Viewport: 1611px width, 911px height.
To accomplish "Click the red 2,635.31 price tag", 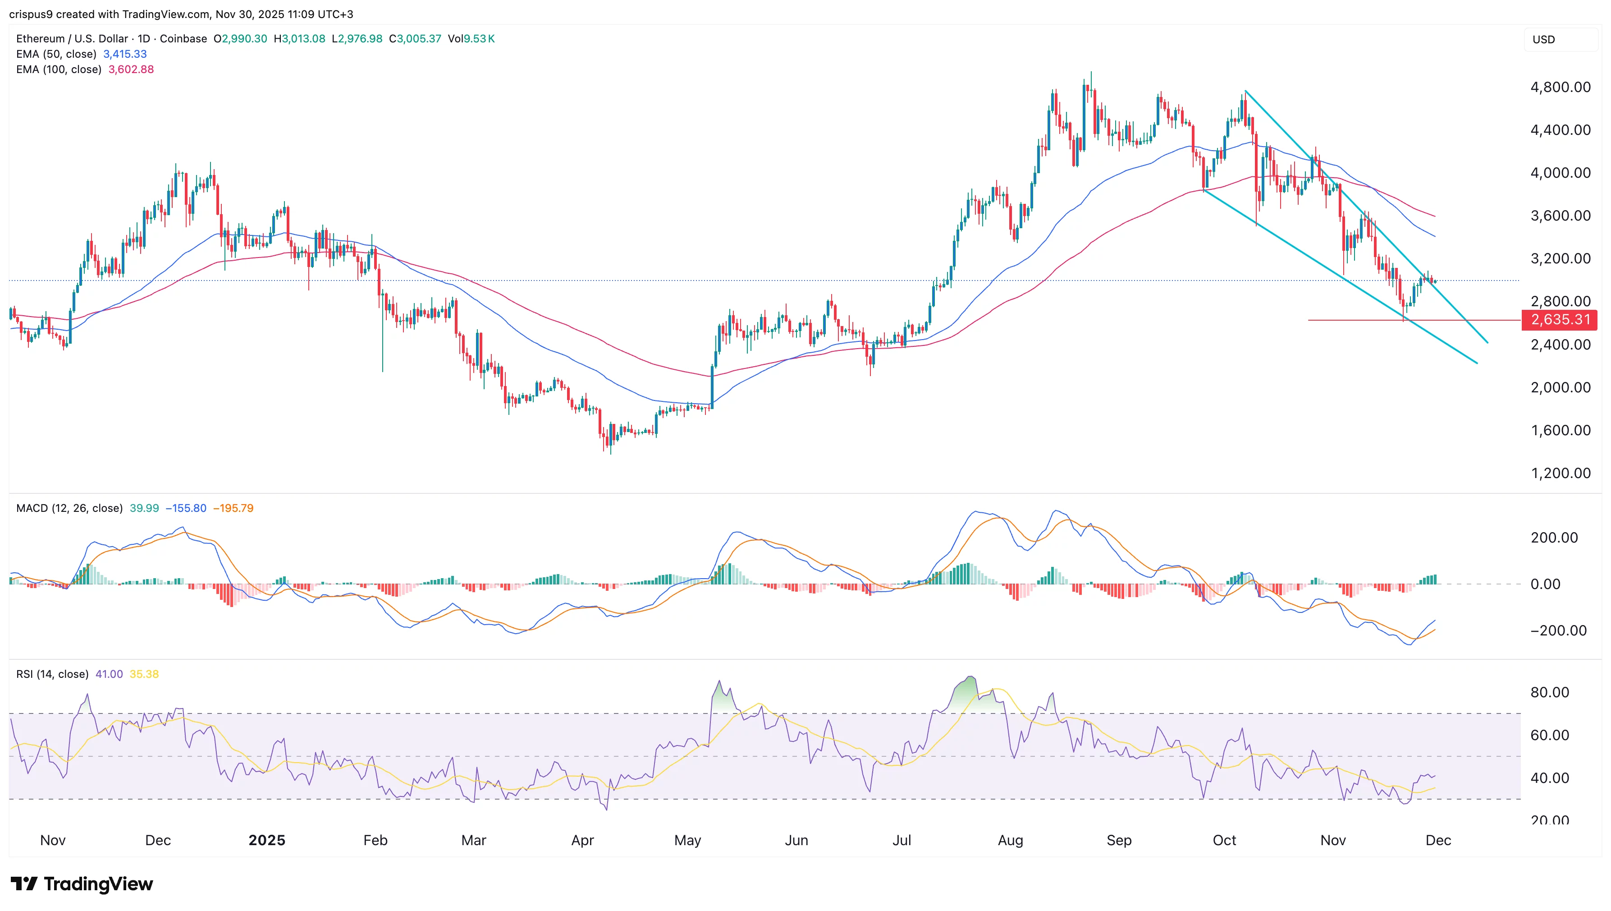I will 1560,320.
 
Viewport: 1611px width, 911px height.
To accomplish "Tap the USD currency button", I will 1543,39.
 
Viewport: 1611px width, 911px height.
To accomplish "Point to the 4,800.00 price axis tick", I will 1560,87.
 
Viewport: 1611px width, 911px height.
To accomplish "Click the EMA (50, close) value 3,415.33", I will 125,54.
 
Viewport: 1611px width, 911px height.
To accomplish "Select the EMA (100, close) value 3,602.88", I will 131,69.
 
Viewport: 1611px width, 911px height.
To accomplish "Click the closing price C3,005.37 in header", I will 415,39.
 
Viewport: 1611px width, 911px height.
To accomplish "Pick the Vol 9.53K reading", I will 471,39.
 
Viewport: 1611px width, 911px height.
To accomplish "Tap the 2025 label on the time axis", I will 266,840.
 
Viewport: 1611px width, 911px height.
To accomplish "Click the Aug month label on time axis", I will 1010,840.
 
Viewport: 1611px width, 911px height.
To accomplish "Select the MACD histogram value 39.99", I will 144,508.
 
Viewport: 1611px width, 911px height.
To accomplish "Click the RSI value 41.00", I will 109,674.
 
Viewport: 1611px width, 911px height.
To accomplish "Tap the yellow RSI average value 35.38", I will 144,674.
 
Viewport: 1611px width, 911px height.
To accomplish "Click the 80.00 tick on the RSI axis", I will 1549,692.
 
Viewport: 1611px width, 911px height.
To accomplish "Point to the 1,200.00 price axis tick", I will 1560,473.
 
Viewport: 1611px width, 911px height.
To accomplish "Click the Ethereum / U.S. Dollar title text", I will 72,39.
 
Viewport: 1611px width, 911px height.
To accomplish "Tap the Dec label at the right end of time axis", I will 1438,840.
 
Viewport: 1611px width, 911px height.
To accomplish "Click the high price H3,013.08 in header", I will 300,39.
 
